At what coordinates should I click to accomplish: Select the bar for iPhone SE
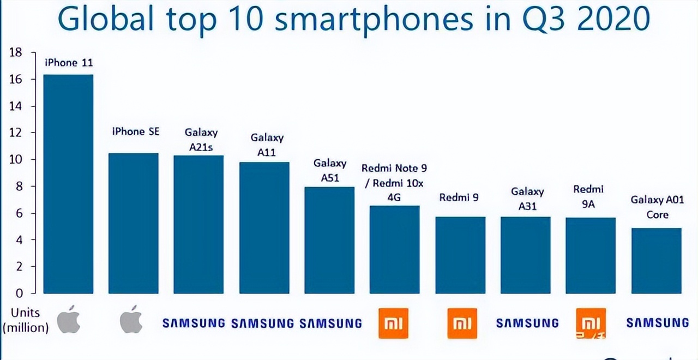pos(133,223)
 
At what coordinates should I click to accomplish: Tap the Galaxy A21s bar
pos(198,224)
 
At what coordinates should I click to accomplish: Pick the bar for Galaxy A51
pos(329,240)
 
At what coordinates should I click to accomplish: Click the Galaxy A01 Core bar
pos(657,261)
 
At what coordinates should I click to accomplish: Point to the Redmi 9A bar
pos(591,255)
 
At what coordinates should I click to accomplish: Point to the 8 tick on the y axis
pos(17,186)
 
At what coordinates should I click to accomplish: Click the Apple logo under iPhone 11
pos(69,320)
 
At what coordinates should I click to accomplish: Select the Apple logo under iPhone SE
pos(131,320)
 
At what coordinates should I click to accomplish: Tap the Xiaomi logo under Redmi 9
pos(462,323)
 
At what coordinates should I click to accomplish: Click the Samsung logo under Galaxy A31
pos(527,323)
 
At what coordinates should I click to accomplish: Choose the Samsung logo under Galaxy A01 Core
pos(658,323)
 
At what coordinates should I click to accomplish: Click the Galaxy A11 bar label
pos(267,145)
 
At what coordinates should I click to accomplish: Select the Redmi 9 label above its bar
pos(459,197)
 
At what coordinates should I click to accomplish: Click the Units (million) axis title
pos(26,320)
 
